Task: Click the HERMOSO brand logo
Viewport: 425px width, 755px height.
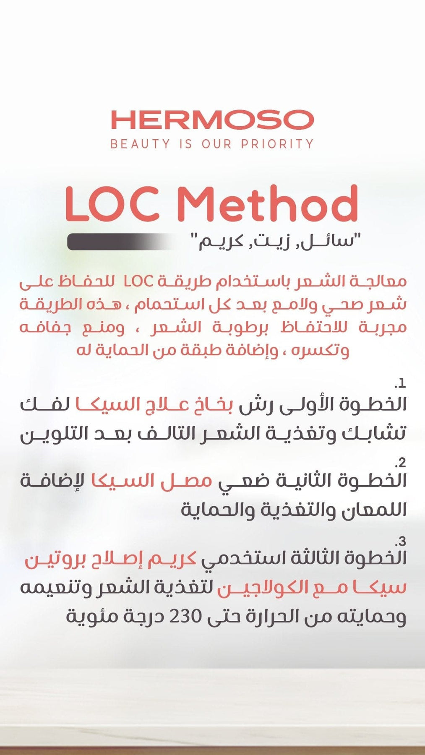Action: (x=212, y=120)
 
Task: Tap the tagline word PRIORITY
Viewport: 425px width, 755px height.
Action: (x=277, y=144)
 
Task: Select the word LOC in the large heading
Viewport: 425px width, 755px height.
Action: (x=112, y=204)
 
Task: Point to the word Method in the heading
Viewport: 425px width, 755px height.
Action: (x=267, y=204)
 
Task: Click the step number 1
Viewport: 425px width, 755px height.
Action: (x=401, y=383)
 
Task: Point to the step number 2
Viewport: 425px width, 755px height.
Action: (x=402, y=463)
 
